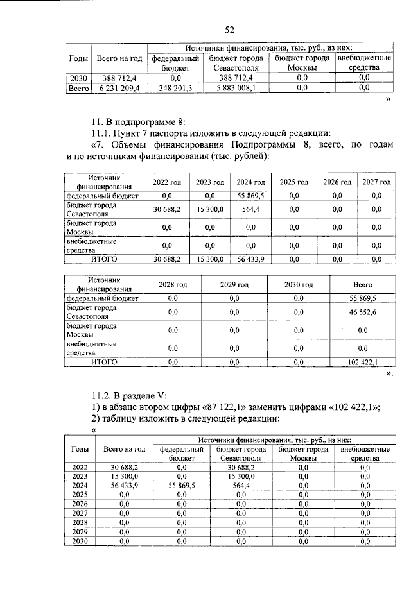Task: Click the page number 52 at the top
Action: [x=229, y=30]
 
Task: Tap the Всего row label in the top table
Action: [x=78, y=89]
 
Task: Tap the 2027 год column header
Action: [x=377, y=182]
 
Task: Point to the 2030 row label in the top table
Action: [x=78, y=78]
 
